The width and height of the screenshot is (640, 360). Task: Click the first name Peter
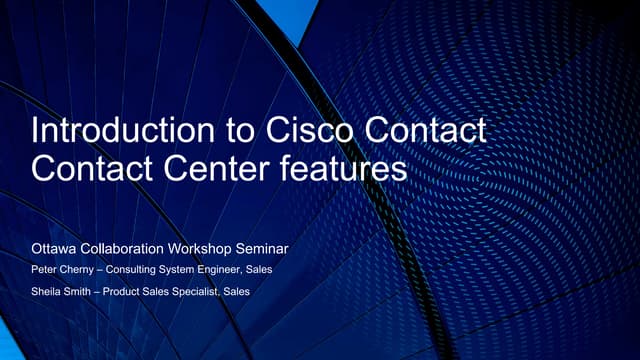click(47, 269)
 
